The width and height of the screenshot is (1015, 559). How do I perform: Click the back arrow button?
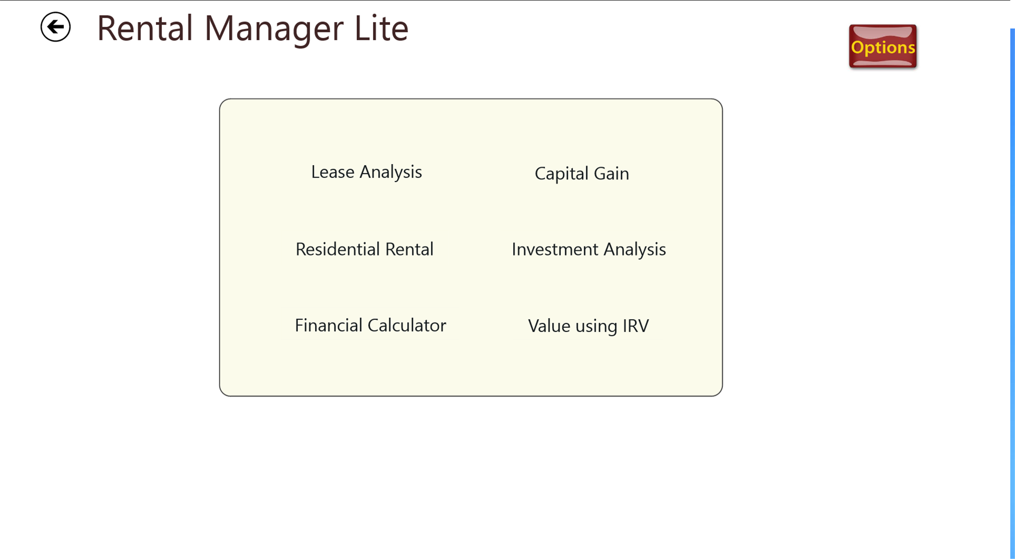click(55, 27)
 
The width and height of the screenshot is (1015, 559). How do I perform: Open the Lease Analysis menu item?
click(366, 172)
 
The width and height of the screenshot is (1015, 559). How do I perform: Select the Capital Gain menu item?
click(582, 173)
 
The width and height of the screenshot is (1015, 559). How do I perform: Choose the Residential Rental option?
click(364, 249)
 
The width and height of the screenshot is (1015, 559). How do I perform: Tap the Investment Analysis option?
click(589, 249)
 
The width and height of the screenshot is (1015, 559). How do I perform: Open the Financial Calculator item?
click(370, 326)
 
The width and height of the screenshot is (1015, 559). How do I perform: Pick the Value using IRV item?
click(588, 326)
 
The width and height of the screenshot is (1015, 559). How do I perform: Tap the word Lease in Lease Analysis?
click(333, 172)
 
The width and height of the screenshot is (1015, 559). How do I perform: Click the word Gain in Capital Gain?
click(611, 173)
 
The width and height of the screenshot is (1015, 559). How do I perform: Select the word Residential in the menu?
click(338, 249)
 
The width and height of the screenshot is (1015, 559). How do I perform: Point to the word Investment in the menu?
click(555, 249)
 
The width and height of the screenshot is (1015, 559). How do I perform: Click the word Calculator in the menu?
click(407, 326)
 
